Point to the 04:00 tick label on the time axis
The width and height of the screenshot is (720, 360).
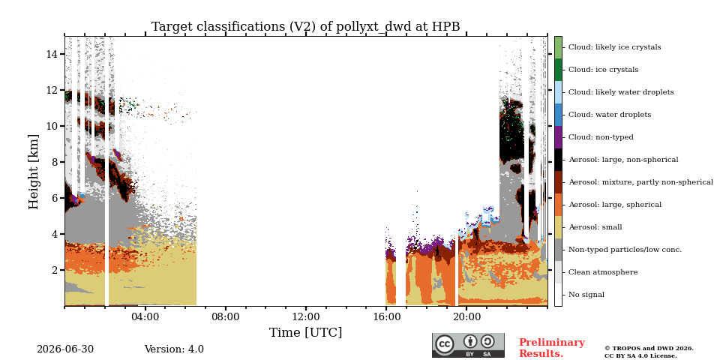click(145, 317)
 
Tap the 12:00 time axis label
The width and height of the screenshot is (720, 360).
click(306, 317)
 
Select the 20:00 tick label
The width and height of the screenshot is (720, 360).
click(466, 317)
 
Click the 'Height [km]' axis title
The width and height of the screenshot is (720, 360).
click(34, 172)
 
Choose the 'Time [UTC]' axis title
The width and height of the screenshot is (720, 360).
click(306, 332)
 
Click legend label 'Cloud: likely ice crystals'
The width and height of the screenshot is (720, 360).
click(614, 46)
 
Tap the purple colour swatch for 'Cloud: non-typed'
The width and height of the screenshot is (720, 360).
click(558, 136)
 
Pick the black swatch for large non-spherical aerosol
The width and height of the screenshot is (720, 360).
click(558, 159)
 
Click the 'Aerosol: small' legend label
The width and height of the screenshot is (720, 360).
click(595, 226)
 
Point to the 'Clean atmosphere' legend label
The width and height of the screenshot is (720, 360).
click(603, 271)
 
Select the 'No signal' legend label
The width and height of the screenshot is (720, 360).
click(586, 294)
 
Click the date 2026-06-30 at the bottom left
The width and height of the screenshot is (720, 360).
click(65, 349)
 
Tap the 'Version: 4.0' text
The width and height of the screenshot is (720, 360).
click(174, 349)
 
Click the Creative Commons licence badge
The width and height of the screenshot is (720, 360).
click(468, 345)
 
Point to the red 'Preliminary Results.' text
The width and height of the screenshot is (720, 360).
click(552, 348)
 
